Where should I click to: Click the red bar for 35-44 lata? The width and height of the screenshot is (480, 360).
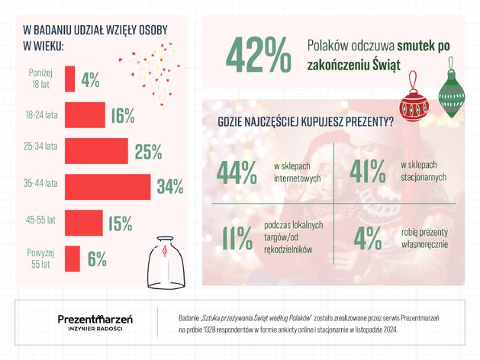(x=108, y=187)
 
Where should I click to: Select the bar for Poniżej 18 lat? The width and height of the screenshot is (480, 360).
(x=69, y=79)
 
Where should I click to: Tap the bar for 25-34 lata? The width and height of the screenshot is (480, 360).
(x=96, y=151)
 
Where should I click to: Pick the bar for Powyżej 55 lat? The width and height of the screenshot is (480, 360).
(x=72, y=259)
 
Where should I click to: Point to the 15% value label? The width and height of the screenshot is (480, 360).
(x=121, y=223)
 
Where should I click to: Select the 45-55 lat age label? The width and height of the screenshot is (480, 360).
(x=40, y=220)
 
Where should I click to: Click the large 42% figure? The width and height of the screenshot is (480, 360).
(x=259, y=55)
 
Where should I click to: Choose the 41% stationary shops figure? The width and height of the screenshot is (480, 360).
(x=368, y=172)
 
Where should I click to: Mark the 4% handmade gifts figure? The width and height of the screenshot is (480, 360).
(x=368, y=238)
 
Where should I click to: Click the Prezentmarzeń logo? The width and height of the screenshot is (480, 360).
(x=95, y=323)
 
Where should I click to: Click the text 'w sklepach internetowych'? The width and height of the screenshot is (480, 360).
(x=298, y=172)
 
